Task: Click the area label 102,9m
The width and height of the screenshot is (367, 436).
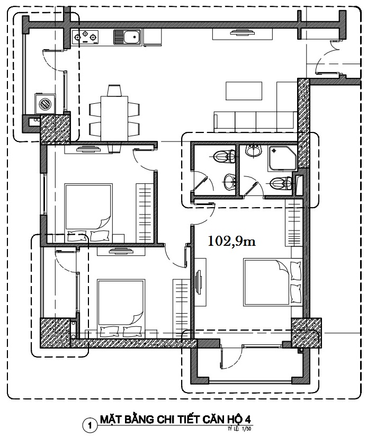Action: (x=231, y=241)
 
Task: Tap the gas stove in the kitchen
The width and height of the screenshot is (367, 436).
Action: (x=85, y=37)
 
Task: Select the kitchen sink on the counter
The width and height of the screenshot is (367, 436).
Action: (x=127, y=37)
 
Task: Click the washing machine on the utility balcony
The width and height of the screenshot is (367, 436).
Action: (x=45, y=104)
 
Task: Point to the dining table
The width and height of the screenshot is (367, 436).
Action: (x=114, y=119)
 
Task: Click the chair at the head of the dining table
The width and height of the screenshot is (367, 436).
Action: (x=114, y=91)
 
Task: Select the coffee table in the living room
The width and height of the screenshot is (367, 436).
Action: (x=244, y=91)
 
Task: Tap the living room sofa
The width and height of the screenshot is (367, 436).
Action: (x=255, y=121)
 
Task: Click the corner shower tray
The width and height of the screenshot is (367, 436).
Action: (x=282, y=158)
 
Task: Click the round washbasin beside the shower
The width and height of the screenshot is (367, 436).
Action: (x=253, y=150)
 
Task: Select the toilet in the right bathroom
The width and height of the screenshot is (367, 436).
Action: (x=281, y=183)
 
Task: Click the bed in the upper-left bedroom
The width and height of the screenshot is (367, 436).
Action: (x=88, y=213)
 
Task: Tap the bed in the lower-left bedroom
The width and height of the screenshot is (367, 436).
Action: (x=121, y=309)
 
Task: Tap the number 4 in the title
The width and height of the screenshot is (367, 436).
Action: (x=247, y=420)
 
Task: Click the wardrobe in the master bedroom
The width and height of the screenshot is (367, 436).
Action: (x=294, y=223)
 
